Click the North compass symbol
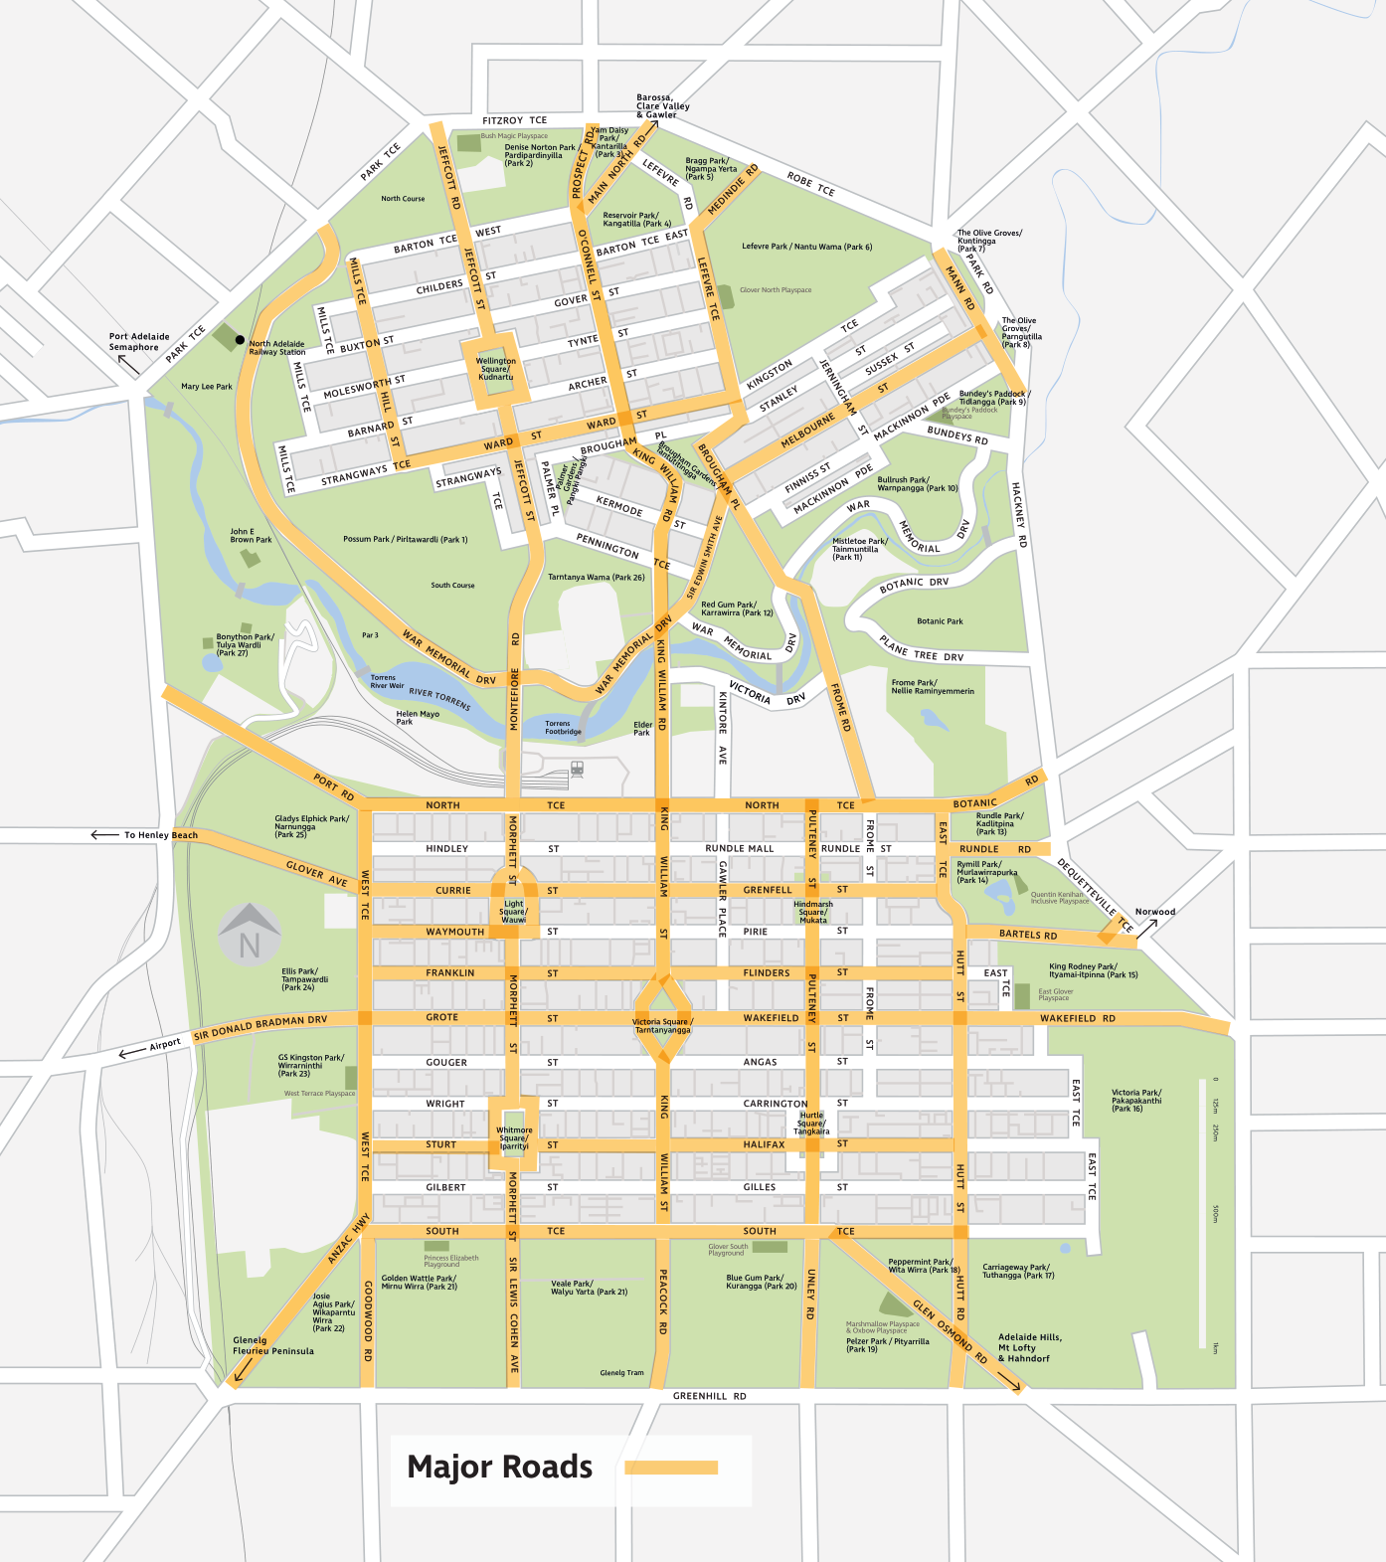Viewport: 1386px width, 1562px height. (x=250, y=936)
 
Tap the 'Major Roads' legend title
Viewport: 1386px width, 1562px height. (x=499, y=1468)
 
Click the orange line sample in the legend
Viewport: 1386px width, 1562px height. (x=671, y=1468)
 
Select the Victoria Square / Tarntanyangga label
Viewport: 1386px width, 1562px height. (x=663, y=1026)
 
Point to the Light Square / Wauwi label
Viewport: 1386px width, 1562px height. (x=514, y=912)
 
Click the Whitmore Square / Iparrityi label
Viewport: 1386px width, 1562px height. (x=514, y=1137)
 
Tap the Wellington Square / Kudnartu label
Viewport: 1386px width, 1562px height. (x=496, y=369)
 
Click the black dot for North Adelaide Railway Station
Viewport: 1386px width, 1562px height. (x=240, y=340)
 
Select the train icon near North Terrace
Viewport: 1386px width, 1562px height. (x=577, y=769)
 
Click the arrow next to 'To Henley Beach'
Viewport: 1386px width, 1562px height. (x=104, y=835)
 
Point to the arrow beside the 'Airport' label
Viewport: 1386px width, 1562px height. (x=131, y=1052)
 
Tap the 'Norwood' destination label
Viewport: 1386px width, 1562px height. (x=1154, y=912)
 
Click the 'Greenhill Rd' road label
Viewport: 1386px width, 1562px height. (x=709, y=1396)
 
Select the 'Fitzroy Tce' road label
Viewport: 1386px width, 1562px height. (x=514, y=120)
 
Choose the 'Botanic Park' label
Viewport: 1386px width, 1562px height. (x=940, y=621)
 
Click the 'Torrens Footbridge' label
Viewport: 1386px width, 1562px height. (x=562, y=728)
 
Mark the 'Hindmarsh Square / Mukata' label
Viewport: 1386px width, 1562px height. (x=813, y=912)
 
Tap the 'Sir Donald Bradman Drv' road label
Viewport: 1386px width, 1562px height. (x=260, y=1027)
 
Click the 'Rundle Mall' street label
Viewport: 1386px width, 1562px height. (x=739, y=849)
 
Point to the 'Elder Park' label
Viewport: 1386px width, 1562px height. (x=642, y=729)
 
